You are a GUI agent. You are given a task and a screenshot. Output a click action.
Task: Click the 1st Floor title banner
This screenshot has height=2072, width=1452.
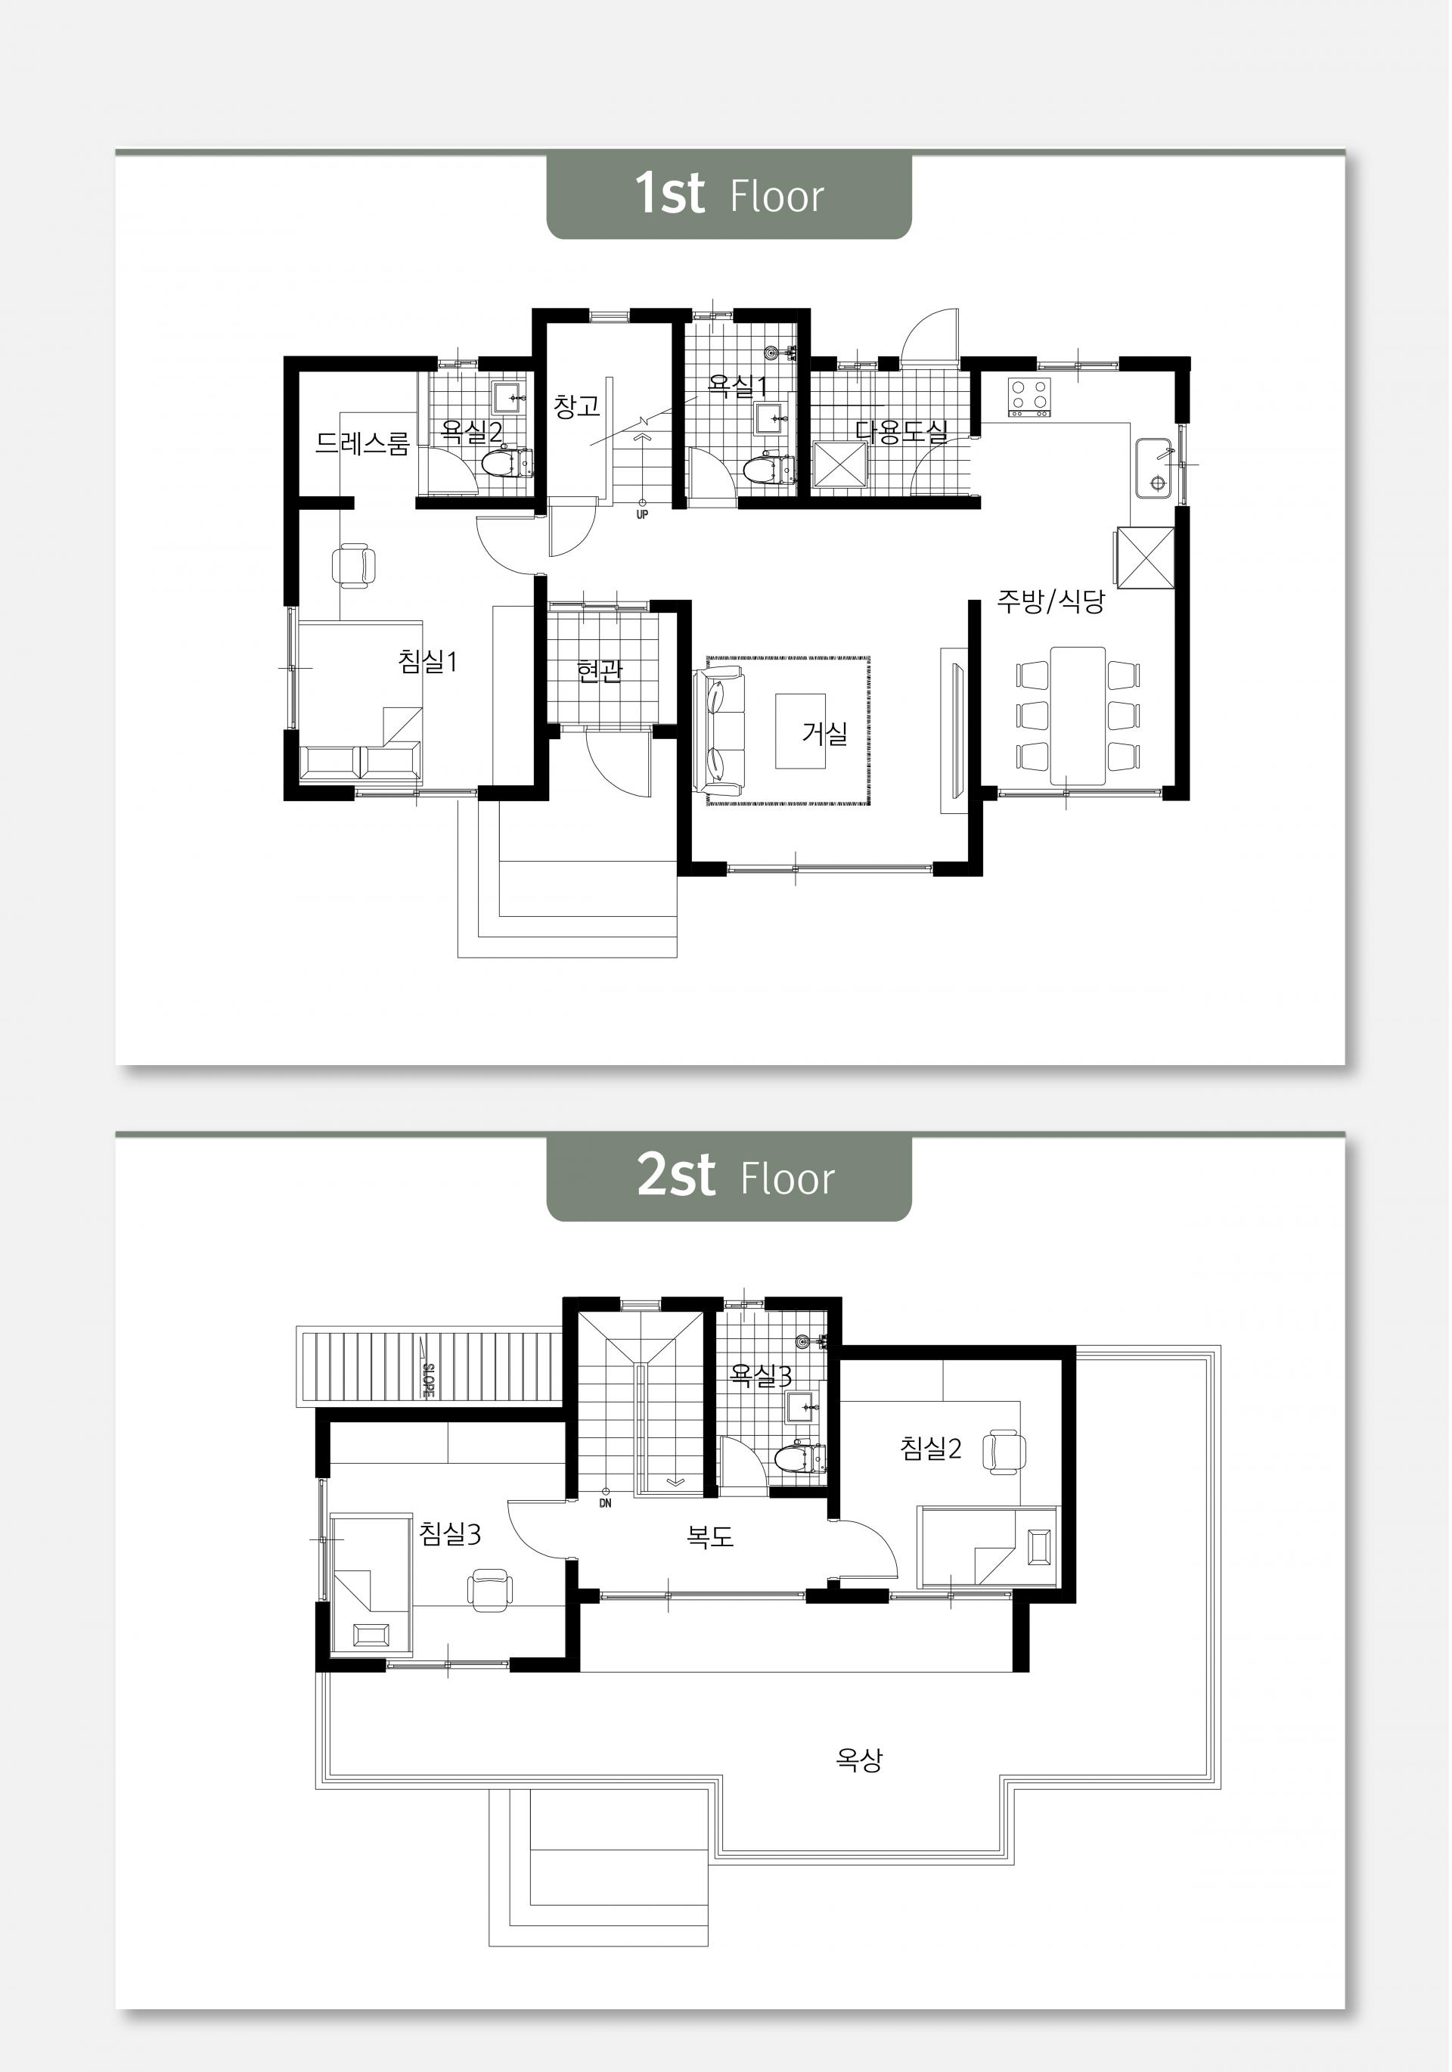tap(729, 196)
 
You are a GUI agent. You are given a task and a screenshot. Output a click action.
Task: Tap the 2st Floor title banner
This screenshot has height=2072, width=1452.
tap(729, 1178)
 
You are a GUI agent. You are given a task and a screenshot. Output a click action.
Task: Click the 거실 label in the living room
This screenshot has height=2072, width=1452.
tap(825, 733)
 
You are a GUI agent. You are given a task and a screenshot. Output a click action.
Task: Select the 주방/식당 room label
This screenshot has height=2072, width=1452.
tap(1050, 601)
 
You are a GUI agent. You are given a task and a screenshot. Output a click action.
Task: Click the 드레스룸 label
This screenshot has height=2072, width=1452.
tap(362, 443)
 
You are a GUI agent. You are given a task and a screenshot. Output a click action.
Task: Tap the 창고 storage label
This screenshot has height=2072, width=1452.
tap(577, 406)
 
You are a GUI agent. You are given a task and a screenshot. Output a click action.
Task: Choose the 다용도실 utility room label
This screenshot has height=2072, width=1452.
tap(901, 431)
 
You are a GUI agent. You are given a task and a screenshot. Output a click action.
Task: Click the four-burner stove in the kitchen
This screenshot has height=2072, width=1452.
tap(1030, 397)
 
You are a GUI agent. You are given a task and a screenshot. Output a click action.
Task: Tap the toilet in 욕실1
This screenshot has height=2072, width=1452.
tap(770, 468)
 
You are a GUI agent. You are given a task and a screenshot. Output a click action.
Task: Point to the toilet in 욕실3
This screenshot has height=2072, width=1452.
tap(799, 1458)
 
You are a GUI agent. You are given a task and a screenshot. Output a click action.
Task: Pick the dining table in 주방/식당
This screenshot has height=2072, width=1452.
tap(1078, 715)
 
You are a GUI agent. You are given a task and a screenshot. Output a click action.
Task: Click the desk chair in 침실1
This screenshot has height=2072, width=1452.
tap(355, 565)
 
